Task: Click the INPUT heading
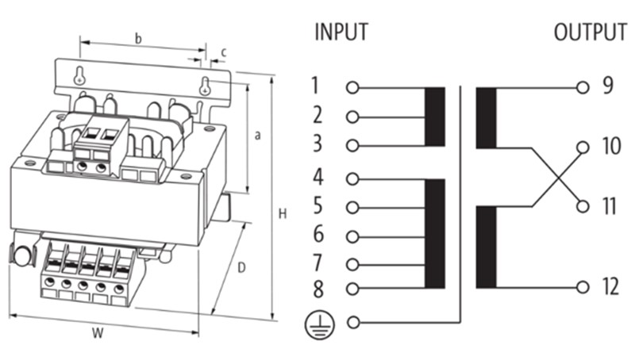[341, 33]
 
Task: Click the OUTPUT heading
[591, 33]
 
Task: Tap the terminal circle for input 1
[352, 86]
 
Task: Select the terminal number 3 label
[317, 144]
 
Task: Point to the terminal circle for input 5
[352, 208]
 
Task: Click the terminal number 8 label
[317, 289]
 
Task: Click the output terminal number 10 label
[610, 148]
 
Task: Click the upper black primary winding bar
[434, 117]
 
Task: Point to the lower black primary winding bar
[434, 234]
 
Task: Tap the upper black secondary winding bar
[486, 117]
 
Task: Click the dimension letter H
[283, 214]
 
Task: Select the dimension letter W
[98, 334]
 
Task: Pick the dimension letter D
[241, 268]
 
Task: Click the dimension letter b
[138, 37]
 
